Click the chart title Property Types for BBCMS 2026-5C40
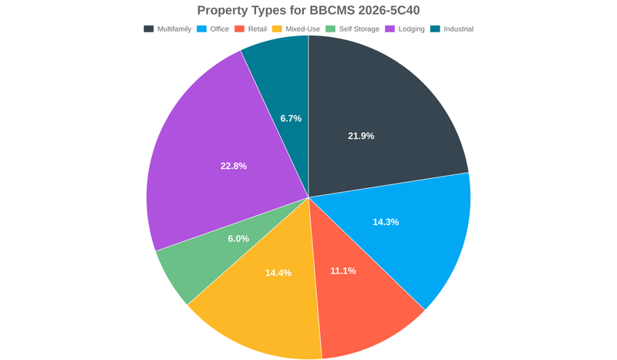[308, 10]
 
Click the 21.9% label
[361, 136]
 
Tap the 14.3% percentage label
[386, 222]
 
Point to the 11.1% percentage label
[342, 271]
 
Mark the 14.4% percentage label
[278, 273]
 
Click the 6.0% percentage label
[238, 239]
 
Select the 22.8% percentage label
[234, 166]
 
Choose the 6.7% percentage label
[291, 119]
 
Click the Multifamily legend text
[174, 29]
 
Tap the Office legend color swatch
[202, 29]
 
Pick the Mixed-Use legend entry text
[302, 29]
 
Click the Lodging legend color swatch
[390, 29]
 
